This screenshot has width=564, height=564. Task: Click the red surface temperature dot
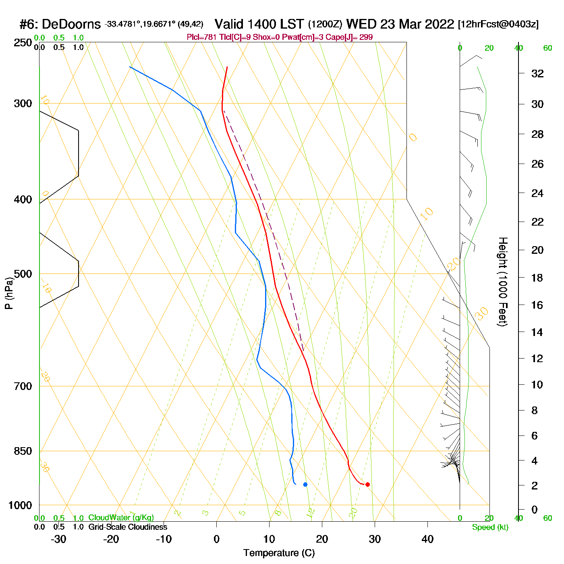click(367, 484)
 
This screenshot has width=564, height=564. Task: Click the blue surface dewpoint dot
click(305, 484)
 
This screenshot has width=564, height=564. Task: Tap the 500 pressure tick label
click(23, 274)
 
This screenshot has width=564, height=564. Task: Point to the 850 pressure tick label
click(23, 451)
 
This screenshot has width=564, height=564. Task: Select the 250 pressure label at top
click(23, 43)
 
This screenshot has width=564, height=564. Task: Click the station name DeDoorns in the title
click(71, 24)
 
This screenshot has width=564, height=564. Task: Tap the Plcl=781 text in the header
click(200, 37)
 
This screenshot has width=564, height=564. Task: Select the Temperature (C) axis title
click(279, 553)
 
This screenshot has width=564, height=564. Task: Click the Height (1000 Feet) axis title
click(503, 282)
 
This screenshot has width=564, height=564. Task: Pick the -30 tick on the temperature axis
click(58, 539)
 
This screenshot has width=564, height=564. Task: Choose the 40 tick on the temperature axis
click(427, 539)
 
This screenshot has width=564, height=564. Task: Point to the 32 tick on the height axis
click(537, 73)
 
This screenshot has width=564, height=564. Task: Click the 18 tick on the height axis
click(537, 278)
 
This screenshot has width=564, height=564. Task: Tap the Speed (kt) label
click(490, 527)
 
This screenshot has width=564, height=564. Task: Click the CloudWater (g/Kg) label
click(121, 518)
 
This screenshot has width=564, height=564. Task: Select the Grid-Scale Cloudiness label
click(128, 527)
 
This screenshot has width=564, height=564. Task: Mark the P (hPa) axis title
click(8, 293)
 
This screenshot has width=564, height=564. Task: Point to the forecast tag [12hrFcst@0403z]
click(498, 24)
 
